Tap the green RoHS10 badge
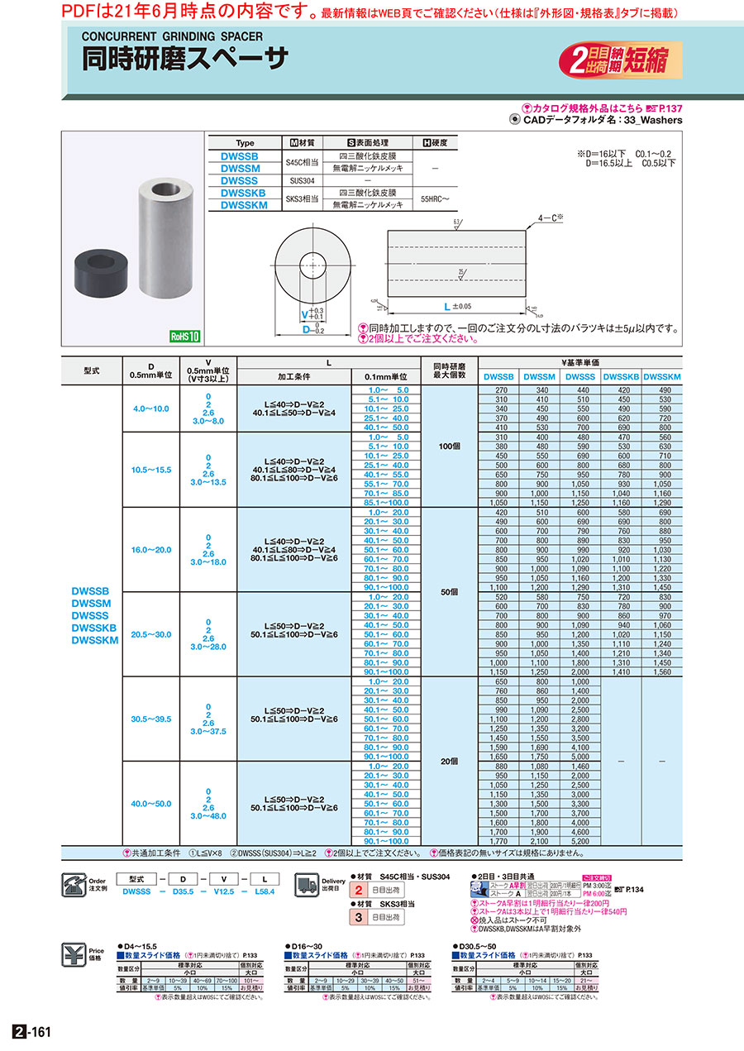point(185,337)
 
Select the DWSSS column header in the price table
point(581,377)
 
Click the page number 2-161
point(32,1032)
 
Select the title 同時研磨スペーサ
point(185,59)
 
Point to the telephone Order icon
point(74,885)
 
